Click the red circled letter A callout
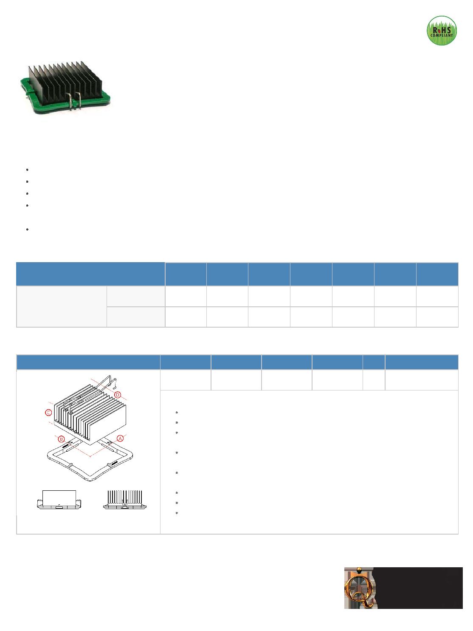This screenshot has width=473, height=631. [120, 438]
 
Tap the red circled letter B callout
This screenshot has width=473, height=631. [61, 439]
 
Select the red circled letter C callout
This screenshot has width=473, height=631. [48, 413]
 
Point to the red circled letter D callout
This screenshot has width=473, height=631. [118, 395]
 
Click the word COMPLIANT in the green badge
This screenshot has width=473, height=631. [442, 35]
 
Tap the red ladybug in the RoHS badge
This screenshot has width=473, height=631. [439, 30]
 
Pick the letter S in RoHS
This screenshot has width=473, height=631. [448, 30]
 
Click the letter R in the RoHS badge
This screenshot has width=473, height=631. [435, 30]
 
